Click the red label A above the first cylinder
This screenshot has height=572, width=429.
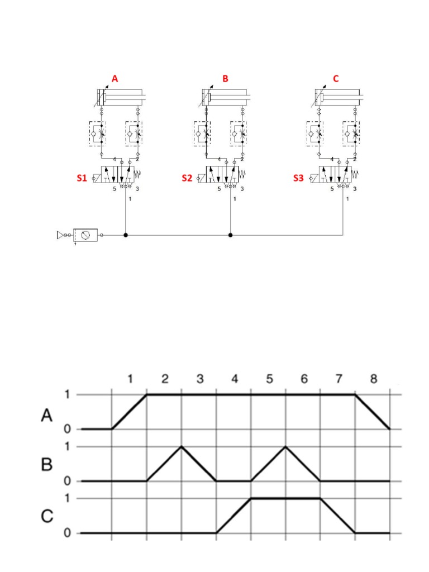pyautogui.click(x=115, y=79)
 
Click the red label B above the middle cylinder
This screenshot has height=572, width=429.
pyautogui.click(x=225, y=79)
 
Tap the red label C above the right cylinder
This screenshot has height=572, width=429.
pyautogui.click(x=336, y=79)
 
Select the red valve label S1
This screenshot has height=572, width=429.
pyautogui.click(x=82, y=179)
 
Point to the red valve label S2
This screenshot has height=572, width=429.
pyautogui.click(x=187, y=179)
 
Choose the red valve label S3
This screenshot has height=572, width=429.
pyautogui.click(x=299, y=179)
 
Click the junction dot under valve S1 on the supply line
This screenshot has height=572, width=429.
pyautogui.click(x=126, y=235)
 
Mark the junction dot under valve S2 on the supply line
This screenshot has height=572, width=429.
pyautogui.click(x=231, y=235)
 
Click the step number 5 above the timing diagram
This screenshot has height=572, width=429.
pyautogui.click(x=270, y=379)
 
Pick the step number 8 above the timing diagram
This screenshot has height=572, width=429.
pyautogui.click(x=374, y=379)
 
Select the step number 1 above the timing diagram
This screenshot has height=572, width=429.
pyautogui.click(x=130, y=379)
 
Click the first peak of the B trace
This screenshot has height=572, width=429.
pyautogui.click(x=182, y=447)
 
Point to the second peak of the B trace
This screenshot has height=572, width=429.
pyautogui.click(x=285, y=447)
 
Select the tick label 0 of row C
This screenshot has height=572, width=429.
pyautogui.click(x=68, y=533)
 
